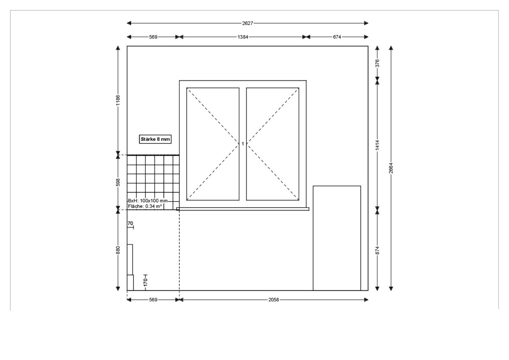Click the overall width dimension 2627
pos(247,23)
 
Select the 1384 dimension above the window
pos(242,37)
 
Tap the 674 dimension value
pos(337,37)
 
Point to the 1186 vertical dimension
pos(118,100)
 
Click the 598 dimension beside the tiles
pos(118,183)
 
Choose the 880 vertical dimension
pos(118,250)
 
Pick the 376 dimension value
pos(377,63)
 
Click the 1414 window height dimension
pos(377,145)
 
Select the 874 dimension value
pos(377,250)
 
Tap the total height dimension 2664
pos(391,168)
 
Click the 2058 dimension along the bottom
pos(274,300)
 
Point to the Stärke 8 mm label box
pos(155,139)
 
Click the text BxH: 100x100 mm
pos(148,201)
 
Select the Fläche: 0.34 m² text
pos(145,206)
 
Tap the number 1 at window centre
pos(242,144)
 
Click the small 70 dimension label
pos(130,223)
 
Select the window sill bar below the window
pos(243,209)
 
